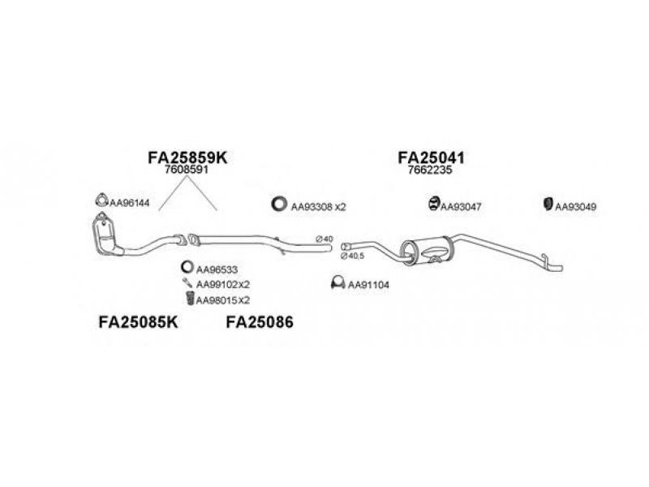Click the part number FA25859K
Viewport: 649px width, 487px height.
[187, 157]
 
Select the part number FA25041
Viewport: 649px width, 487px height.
[431, 157]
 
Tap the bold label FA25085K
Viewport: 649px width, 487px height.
[138, 321]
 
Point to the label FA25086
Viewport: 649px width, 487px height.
[260, 321]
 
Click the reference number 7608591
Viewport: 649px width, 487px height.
[187, 170]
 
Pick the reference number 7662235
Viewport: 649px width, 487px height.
[430, 170]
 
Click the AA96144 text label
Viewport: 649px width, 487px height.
[129, 203]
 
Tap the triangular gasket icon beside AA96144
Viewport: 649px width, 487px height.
[101, 200]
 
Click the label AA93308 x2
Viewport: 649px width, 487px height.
[318, 207]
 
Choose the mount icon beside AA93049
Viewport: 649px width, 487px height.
[548, 204]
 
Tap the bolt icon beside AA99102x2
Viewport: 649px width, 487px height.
[187, 282]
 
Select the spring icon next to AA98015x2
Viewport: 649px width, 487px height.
[190, 298]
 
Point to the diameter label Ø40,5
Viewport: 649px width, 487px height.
[352, 256]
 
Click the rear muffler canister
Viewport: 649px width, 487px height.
[428, 251]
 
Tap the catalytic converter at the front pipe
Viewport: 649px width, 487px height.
[104, 235]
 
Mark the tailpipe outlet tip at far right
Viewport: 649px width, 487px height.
[561, 268]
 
